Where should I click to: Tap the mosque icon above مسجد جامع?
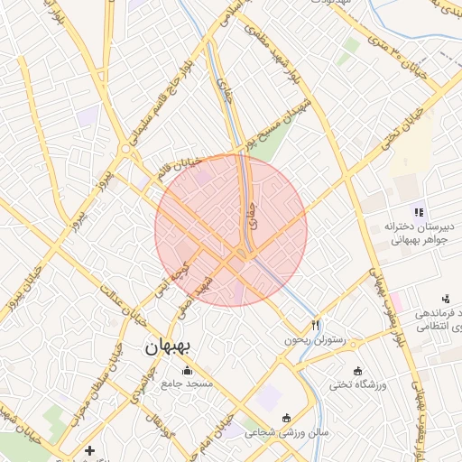[x=187, y=370]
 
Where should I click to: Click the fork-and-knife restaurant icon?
[x=315, y=325]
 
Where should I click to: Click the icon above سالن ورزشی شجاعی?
[x=287, y=417]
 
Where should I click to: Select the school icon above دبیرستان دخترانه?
[x=419, y=211]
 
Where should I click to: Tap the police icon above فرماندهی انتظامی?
[x=445, y=298]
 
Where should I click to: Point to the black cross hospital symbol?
[x=88, y=449]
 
